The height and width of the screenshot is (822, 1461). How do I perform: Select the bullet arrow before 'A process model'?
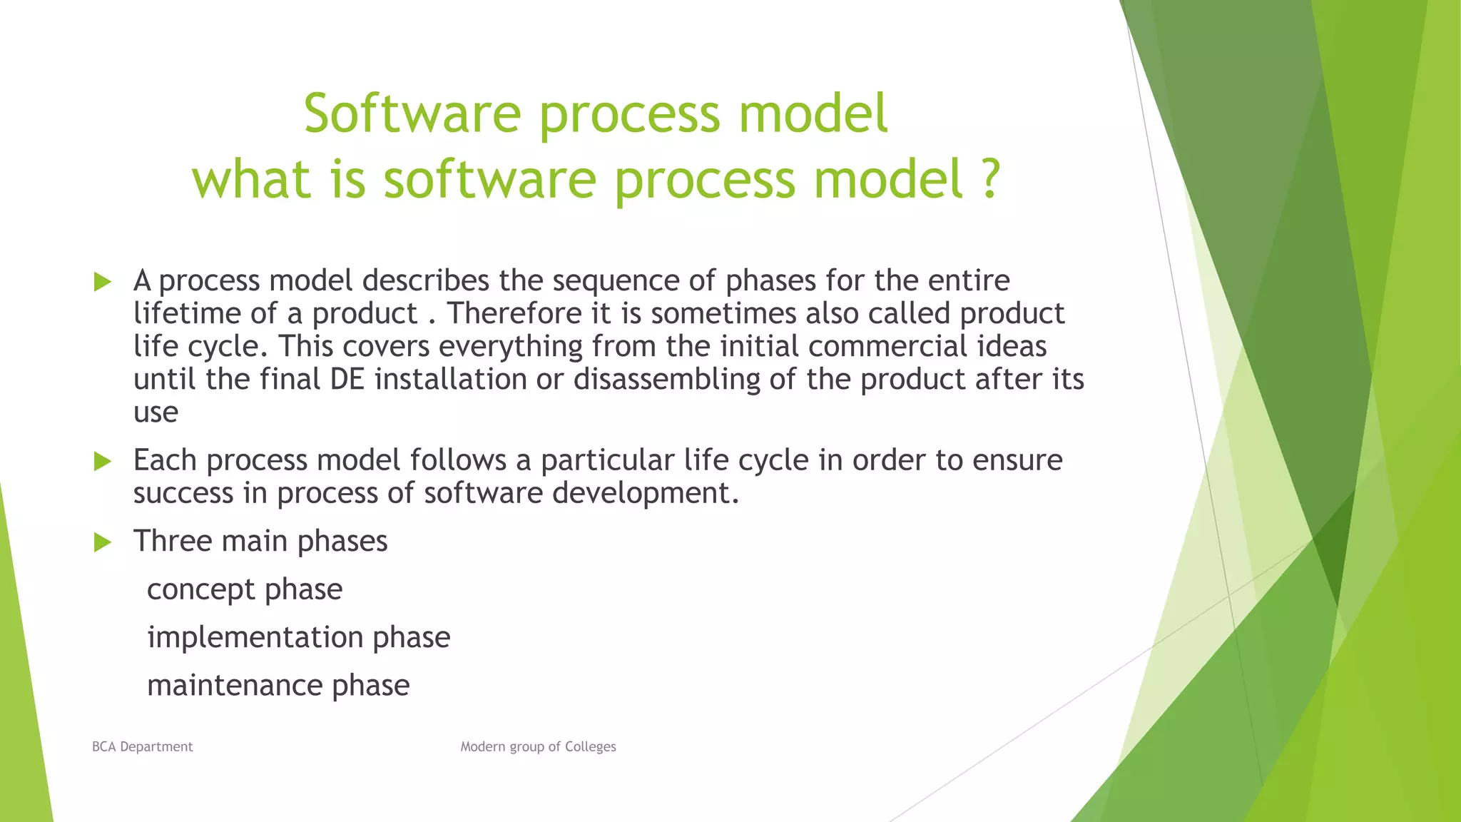coord(103,282)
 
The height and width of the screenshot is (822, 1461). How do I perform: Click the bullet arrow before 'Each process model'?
coord(103,462)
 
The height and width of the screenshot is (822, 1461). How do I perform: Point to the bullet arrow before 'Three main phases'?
coord(103,542)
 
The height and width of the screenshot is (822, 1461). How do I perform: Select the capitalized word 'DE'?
coord(347,380)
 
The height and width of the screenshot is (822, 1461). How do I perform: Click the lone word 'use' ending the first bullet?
coord(156,412)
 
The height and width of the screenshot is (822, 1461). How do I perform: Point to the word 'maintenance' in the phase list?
coord(234,686)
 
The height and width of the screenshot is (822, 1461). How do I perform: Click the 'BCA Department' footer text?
coord(142,746)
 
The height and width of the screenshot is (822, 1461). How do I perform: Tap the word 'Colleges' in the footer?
coord(590,746)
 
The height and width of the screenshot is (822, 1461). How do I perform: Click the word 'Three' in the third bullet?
coord(172,542)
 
